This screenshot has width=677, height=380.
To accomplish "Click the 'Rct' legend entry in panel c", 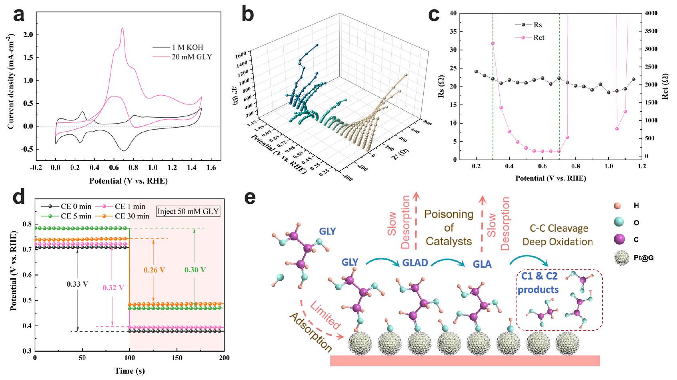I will point(539,37).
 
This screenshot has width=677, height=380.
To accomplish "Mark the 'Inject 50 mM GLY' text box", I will point(188,211).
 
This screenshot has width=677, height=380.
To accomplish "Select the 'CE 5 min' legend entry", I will point(76,216).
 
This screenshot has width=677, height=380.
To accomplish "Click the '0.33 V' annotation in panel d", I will point(77,284).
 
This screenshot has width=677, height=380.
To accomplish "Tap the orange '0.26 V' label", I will point(154,270).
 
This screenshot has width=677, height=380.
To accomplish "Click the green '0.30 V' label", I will point(195,270).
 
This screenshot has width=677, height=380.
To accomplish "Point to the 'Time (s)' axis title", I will point(129,371).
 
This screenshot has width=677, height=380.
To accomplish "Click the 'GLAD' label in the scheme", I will point(416,263).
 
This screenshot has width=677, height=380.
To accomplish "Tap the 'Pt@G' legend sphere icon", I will point(622,258).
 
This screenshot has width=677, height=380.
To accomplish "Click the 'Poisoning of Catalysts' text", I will point(449,228).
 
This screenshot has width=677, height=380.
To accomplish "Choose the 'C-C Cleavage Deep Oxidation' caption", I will point(558,235).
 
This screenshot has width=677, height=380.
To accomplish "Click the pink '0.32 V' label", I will point(113,287).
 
